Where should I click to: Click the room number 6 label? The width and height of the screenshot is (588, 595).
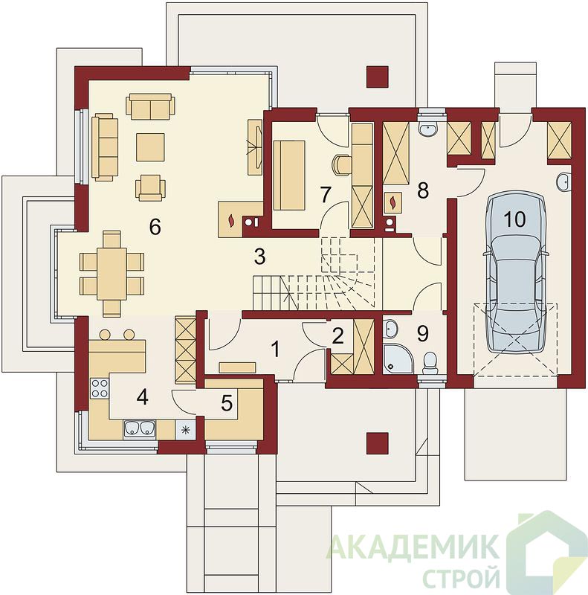(155, 227)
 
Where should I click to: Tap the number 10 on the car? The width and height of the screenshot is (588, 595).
(515, 219)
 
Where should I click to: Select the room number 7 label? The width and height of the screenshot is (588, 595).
(325, 195)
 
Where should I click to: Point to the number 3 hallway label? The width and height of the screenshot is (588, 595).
(259, 257)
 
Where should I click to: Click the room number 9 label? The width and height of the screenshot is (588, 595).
(422, 333)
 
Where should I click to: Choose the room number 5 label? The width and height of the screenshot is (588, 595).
(227, 403)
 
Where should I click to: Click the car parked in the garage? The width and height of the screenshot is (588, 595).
(515, 272)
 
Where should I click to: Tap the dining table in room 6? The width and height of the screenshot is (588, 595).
(112, 273)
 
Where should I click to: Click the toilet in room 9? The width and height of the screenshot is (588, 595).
(430, 363)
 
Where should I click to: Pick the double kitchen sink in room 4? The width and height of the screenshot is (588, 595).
(140, 428)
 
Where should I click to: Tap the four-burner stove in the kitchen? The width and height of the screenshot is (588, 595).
(100, 388)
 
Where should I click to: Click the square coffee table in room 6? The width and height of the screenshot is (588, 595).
(151, 147)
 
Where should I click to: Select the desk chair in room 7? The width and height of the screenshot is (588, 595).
(341, 165)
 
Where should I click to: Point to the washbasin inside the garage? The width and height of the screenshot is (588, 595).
(564, 181)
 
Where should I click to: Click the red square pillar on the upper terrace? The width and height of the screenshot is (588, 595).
(378, 77)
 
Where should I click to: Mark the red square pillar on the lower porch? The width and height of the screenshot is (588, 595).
(378, 443)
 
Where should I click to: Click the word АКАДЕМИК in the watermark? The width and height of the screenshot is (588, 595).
(412, 546)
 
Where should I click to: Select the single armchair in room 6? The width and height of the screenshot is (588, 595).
(151, 187)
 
